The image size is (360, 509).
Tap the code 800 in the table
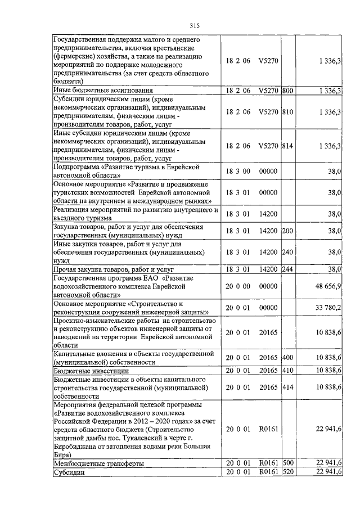click(287, 90)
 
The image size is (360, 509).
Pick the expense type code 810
click(287, 112)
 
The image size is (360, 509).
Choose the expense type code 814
click(287, 146)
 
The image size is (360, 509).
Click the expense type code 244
click(287, 269)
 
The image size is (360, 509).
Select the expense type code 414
click(287, 386)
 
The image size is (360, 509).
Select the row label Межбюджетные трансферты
click(98, 463)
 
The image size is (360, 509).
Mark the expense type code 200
click(287, 231)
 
